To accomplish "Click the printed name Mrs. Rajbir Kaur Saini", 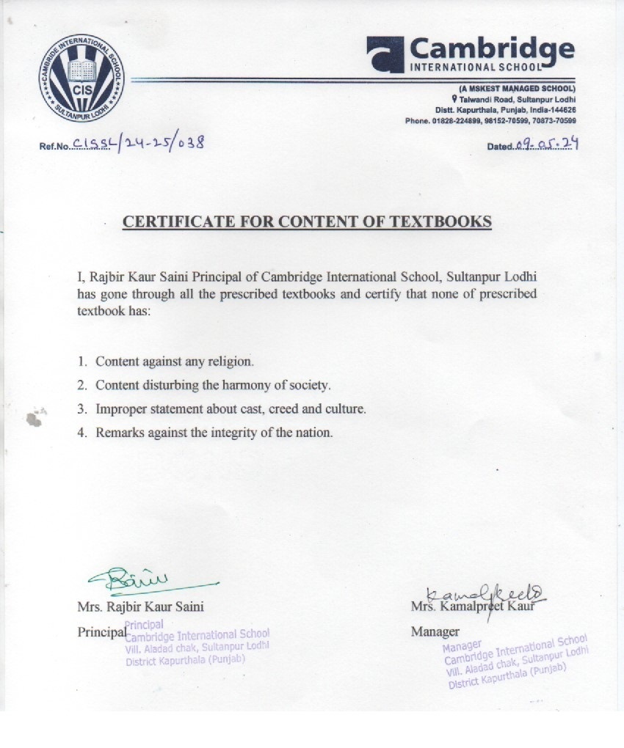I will pos(140,606).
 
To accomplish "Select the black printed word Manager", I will pos(435,631).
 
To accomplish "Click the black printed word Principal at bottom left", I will pos(100,631).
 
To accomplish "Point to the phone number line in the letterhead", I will pos(490,120).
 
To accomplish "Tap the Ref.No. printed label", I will pos(54,147).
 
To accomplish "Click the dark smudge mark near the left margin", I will pos(34,419).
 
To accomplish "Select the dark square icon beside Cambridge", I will pos(385,54).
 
